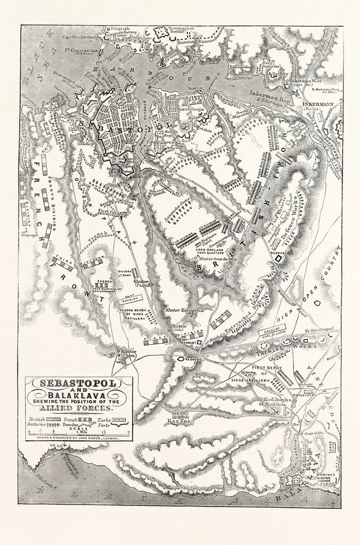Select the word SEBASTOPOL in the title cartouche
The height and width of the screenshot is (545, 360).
pos(77,383)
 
